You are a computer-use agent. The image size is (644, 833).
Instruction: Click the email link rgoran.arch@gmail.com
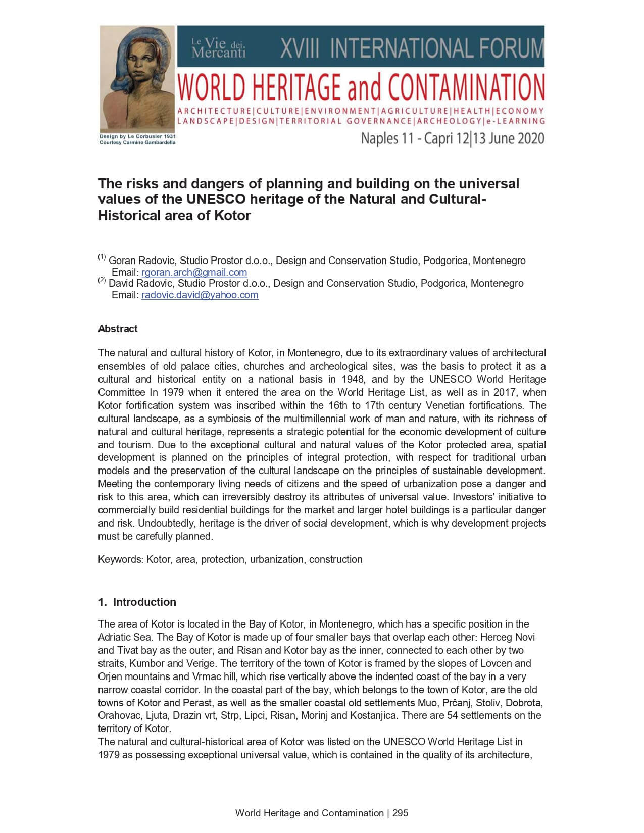[194, 272]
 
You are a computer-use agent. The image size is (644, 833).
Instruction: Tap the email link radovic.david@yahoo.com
[200, 295]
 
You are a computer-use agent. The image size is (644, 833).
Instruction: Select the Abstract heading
[118, 329]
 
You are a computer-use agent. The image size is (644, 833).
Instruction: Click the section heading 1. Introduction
[137, 602]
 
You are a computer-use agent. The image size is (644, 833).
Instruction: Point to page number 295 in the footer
[400, 813]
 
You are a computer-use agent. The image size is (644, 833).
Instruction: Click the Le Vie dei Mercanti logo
[219, 48]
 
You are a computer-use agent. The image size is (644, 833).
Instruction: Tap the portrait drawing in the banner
[137, 78]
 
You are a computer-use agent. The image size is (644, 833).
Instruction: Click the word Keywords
[120, 559]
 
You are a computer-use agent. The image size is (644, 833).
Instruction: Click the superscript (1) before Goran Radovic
[102, 258]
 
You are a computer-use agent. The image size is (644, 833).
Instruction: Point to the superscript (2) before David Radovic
[102, 280]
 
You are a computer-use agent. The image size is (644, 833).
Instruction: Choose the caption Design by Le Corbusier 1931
[137, 136]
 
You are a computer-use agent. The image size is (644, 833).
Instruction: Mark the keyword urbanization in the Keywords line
[277, 559]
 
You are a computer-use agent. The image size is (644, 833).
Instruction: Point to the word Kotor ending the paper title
[232, 216]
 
